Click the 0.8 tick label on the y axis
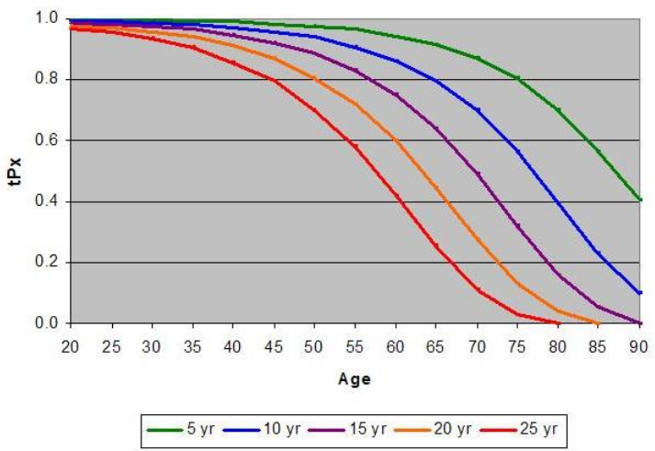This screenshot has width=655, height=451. click(x=48, y=80)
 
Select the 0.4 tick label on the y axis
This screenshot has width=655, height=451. click(x=48, y=202)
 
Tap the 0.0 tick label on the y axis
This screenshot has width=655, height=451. click(x=48, y=323)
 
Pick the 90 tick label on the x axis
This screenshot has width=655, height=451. click(x=638, y=346)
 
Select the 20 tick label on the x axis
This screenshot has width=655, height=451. click(x=72, y=346)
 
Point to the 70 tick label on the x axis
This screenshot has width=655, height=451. click(x=476, y=346)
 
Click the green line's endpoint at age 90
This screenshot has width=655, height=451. click(x=639, y=199)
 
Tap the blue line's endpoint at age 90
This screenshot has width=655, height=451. click(x=639, y=293)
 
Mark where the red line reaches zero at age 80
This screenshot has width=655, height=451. click(x=558, y=322)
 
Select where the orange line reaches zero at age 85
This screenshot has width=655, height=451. click(x=598, y=322)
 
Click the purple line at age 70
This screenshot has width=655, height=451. click(x=477, y=173)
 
